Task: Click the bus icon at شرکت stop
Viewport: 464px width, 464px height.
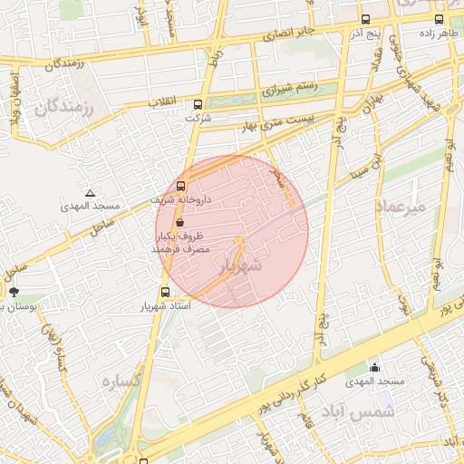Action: click(x=198, y=103)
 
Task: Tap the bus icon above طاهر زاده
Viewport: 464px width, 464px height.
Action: click(x=439, y=19)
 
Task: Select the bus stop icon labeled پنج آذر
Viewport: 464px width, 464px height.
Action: click(x=365, y=19)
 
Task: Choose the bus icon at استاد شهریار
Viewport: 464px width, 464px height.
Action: click(x=165, y=292)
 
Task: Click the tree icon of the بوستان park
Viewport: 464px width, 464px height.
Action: click(x=14, y=292)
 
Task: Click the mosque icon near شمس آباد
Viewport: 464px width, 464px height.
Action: click(x=374, y=367)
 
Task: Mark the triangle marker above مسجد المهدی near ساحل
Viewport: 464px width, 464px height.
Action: click(x=89, y=193)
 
